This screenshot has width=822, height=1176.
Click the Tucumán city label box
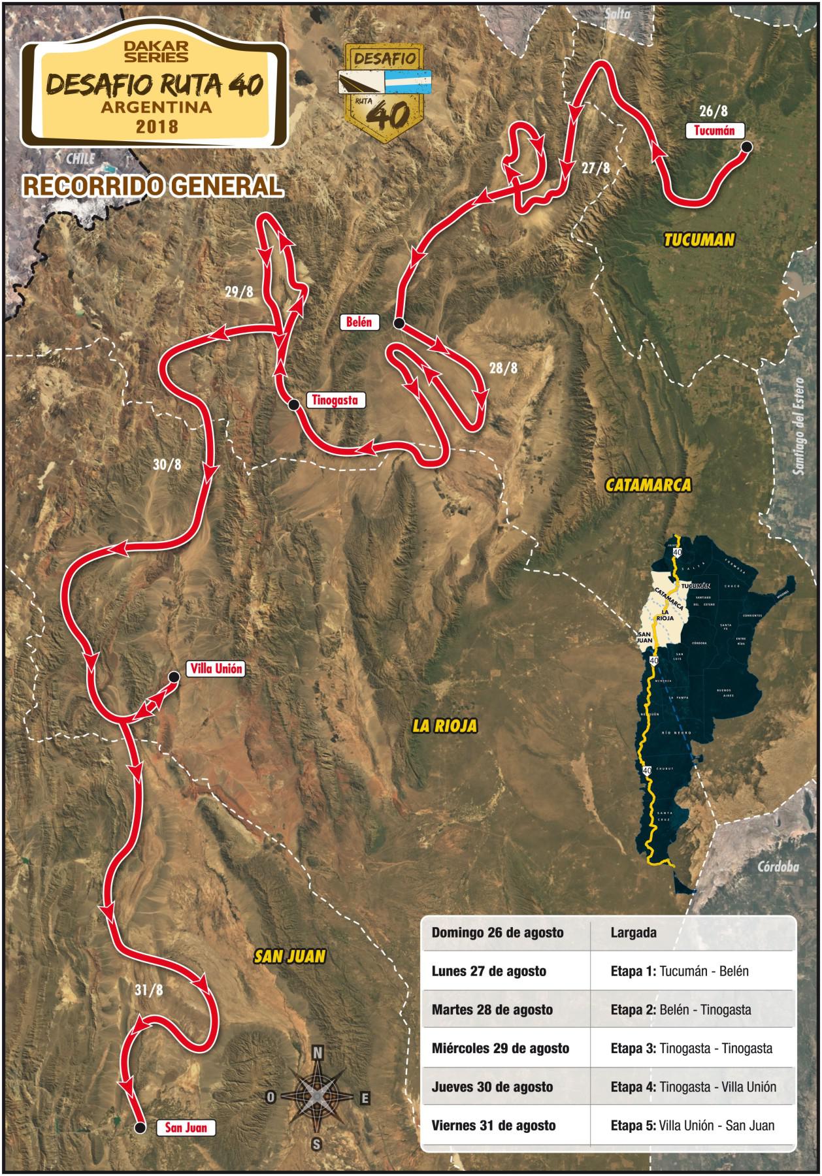[x=714, y=130]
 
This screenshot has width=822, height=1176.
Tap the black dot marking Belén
[x=399, y=323]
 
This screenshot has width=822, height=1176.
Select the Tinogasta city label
[x=335, y=400]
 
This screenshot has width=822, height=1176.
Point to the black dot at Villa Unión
[x=174, y=678]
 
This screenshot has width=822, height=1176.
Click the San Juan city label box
[x=186, y=1127]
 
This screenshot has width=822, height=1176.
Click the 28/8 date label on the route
[x=503, y=368]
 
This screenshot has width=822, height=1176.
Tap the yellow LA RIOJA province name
[x=445, y=725]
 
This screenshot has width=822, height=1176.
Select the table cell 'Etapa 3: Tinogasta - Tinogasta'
[x=691, y=1048]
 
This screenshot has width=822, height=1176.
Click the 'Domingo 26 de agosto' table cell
[x=497, y=932]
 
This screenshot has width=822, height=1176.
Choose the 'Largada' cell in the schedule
[x=633, y=932]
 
